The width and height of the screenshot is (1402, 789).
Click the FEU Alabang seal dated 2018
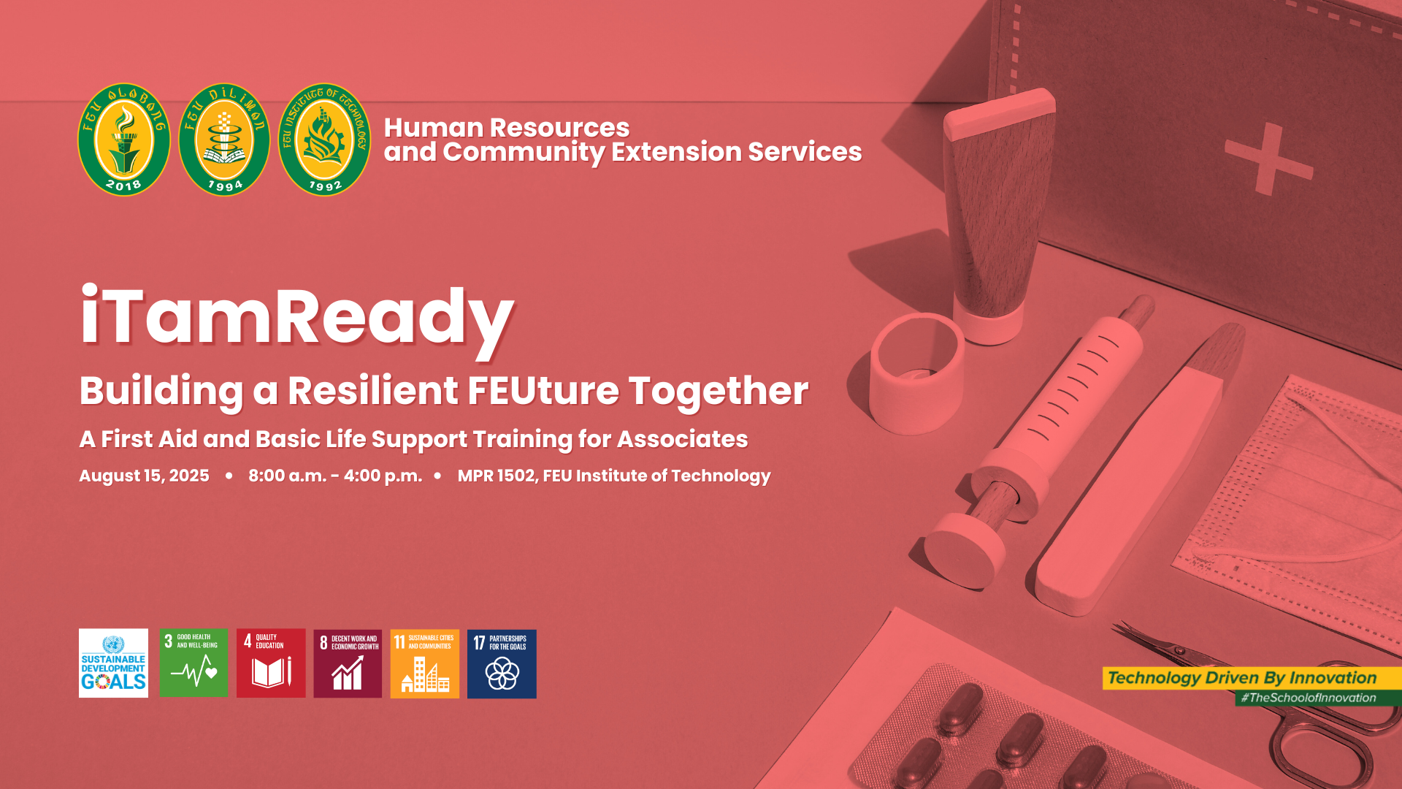point(124,139)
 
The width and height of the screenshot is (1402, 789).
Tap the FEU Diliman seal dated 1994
point(224,139)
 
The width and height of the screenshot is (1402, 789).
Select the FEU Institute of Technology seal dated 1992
point(324,139)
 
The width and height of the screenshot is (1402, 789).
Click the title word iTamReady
point(297,318)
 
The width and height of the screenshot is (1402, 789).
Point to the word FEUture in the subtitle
point(543,390)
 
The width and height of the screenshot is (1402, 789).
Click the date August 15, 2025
point(144,476)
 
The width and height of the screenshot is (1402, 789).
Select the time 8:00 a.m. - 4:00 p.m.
point(335,476)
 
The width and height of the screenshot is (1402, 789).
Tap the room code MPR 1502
point(497,476)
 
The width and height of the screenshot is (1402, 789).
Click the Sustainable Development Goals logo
point(113,663)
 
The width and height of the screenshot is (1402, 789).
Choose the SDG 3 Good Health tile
point(194,663)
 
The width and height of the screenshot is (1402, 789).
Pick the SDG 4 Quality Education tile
point(271,663)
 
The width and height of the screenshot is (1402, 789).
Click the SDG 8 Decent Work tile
point(348,663)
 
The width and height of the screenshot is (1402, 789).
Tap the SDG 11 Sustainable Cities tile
point(425,663)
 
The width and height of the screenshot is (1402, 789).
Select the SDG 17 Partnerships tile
point(502,663)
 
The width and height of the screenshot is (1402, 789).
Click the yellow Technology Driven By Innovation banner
point(1252,678)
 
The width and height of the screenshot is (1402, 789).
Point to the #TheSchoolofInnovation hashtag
point(1312,698)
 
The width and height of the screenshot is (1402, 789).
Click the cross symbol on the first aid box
point(1269,159)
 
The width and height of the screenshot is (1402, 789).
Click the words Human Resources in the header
point(507,128)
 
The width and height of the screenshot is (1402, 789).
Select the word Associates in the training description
point(682,439)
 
